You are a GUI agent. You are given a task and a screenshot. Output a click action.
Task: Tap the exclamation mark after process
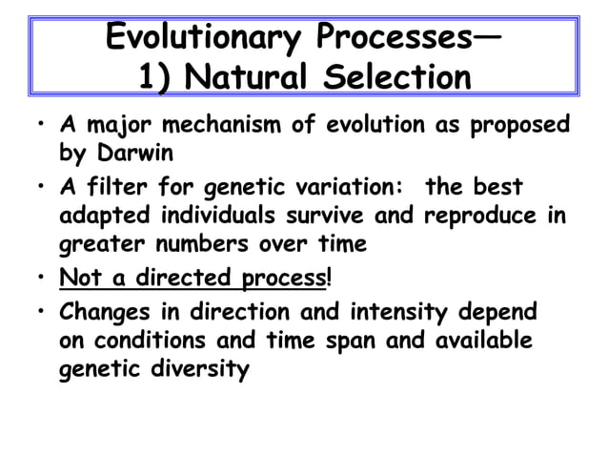[x=330, y=279]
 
